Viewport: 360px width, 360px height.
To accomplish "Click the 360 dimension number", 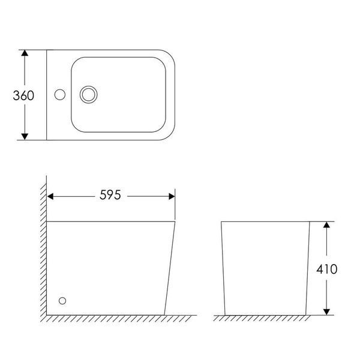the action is (x=23, y=95).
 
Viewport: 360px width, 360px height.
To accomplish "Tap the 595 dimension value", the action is (x=110, y=195).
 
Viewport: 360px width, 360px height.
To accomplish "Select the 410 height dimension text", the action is (x=327, y=269).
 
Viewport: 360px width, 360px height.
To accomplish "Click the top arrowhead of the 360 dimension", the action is (x=25, y=53).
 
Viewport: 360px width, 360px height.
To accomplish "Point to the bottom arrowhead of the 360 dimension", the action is (x=25, y=136).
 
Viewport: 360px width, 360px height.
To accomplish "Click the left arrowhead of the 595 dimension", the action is (x=50, y=197).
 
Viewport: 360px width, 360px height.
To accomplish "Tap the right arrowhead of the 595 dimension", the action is (x=172, y=197).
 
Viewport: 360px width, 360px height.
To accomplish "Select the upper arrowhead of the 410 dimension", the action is (x=326, y=225).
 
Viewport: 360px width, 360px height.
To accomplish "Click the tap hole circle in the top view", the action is (x=59, y=95).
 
